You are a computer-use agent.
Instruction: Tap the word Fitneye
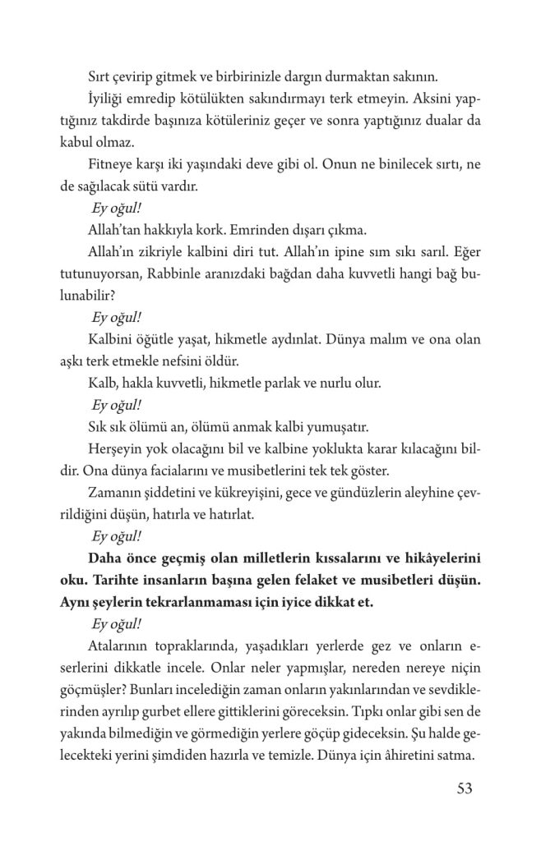click(x=109, y=164)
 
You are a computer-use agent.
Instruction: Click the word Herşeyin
click(x=115, y=451)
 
